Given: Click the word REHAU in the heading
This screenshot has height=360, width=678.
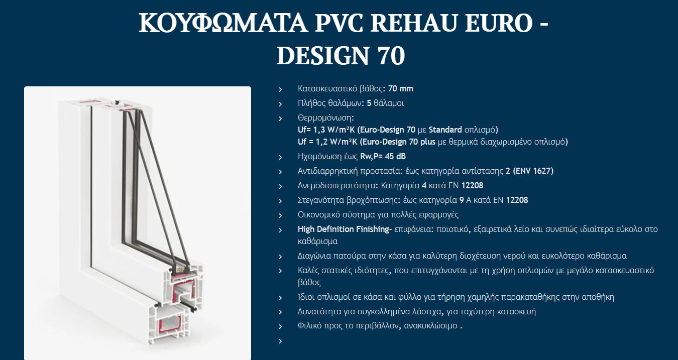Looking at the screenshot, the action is pyautogui.click(x=413, y=23).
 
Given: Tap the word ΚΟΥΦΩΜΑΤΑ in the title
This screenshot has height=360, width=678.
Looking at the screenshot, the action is pyautogui.click(x=223, y=23).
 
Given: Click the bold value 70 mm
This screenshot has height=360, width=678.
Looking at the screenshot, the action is pyautogui.click(x=400, y=89).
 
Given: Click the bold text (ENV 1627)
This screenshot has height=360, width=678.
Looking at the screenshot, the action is pyautogui.click(x=533, y=171).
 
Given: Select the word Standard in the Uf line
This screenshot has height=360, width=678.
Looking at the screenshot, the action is pyautogui.click(x=445, y=130).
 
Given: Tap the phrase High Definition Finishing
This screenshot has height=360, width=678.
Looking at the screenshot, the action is pyautogui.click(x=344, y=229).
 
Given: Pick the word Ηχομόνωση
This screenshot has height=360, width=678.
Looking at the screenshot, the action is pyautogui.click(x=320, y=157).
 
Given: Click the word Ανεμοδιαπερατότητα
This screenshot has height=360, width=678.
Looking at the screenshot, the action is pyautogui.click(x=336, y=186).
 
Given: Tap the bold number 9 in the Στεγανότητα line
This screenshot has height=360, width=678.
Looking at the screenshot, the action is pyautogui.click(x=461, y=200).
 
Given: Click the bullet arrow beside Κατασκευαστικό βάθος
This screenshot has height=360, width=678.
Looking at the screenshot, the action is pyautogui.click(x=280, y=89).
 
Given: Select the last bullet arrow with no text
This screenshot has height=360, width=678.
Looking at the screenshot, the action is pyautogui.click(x=280, y=341).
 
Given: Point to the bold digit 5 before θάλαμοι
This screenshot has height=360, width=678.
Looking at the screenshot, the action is pyautogui.click(x=369, y=103).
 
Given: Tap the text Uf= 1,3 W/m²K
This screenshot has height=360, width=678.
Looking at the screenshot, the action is pyautogui.click(x=326, y=130).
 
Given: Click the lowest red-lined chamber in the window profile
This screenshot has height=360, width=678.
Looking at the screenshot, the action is pyautogui.click(x=170, y=324).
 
